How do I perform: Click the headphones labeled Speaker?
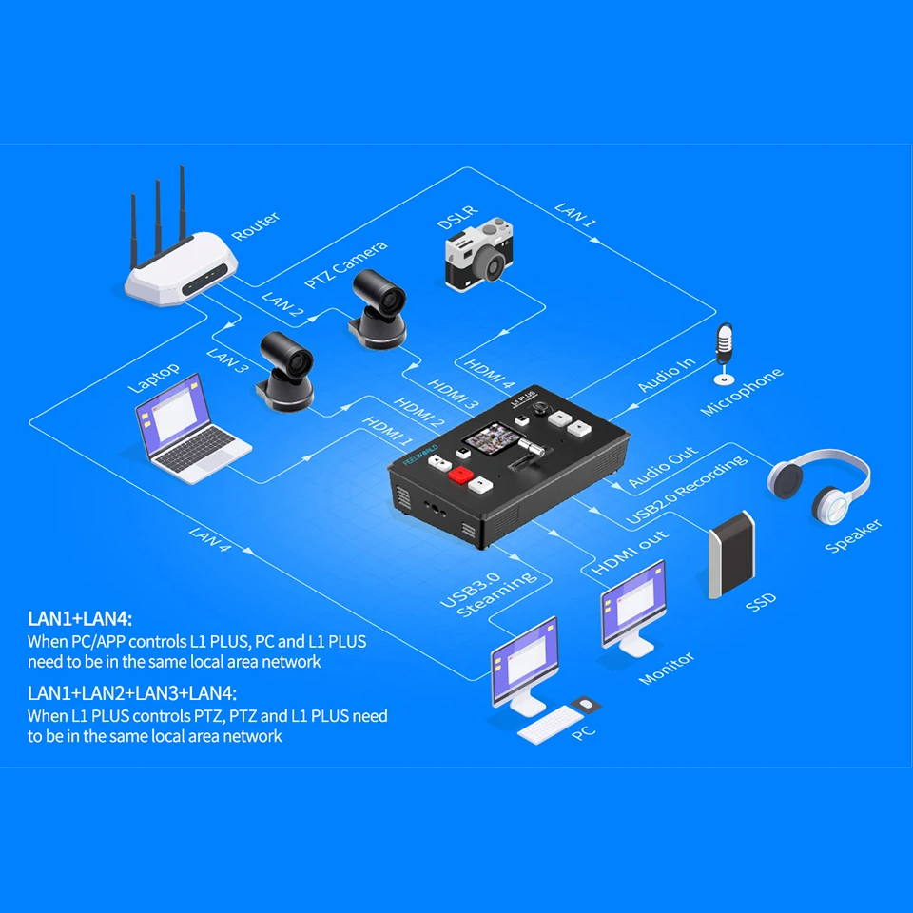[x=819, y=484]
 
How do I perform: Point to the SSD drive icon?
[x=730, y=557]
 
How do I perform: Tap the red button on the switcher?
[x=461, y=474]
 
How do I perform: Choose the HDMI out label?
[x=631, y=553]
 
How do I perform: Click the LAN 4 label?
[x=211, y=545]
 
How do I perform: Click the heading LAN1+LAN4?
[x=80, y=621]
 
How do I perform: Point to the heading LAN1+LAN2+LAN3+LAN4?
[x=132, y=692]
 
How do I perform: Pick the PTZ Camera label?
[x=345, y=265]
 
